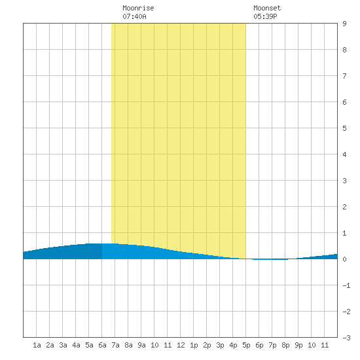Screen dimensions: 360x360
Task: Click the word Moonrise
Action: [x=138, y=8]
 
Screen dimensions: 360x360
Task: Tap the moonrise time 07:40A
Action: [x=134, y=16]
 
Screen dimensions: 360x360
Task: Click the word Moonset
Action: [x=267, y=8]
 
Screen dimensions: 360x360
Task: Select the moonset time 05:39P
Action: [x=265, y=16]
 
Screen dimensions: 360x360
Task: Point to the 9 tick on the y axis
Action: [x=344, y=24]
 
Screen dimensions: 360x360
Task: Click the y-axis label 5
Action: [x=344, y=128]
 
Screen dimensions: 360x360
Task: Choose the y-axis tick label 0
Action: [x=344, y=259]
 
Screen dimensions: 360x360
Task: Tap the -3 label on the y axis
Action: [x=346, y=338]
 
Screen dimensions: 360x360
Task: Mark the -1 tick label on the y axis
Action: [x=346, y=285]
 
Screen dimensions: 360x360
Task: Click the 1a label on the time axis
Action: [x=37, y=345]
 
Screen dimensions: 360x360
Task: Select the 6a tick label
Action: [x=102, y=345]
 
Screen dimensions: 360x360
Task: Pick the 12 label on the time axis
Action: [x=181, y=345]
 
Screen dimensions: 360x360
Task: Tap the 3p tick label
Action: [x=220, y=345]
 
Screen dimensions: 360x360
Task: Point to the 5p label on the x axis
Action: [x=246, y=345]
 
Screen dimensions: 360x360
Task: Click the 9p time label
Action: [x=298, y=345]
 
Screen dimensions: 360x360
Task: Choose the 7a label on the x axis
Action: [x=115, y=345]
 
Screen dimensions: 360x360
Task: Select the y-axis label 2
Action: [x=344, y=207]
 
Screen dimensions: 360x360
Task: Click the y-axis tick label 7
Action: [x=344, y=76]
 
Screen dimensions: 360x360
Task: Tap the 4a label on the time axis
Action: [x=76, y=345]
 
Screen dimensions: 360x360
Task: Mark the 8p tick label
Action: [x=285, y=345]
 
